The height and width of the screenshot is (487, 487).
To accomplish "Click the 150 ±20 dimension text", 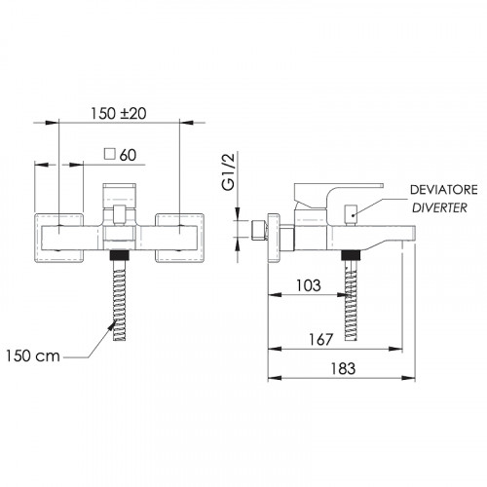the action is pyautogui.click(x=118, y=113).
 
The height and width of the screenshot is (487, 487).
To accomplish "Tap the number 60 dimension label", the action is pyautogui.click(x=128, y=155).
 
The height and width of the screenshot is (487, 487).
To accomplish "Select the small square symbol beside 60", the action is pyautogui.click(x=110, y=154).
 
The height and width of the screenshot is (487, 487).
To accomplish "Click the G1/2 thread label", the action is pyautogui.click(x=228, y=171).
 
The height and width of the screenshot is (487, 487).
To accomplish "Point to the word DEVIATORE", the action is pyautogui.click(x=444, y=190).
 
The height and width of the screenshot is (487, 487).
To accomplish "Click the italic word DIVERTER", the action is pyautogui.click(x=439, y=207).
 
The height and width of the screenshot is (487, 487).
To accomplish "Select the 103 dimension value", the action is pyautogui.click(x=309, y=285).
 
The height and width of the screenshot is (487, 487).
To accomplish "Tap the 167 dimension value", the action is pyautogui.click(x=320, y=340).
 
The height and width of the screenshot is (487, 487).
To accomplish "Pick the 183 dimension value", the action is pyautogui.click(x=343, y=369).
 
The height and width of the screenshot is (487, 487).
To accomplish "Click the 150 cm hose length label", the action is pyautogui.click(x=33, y=356).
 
